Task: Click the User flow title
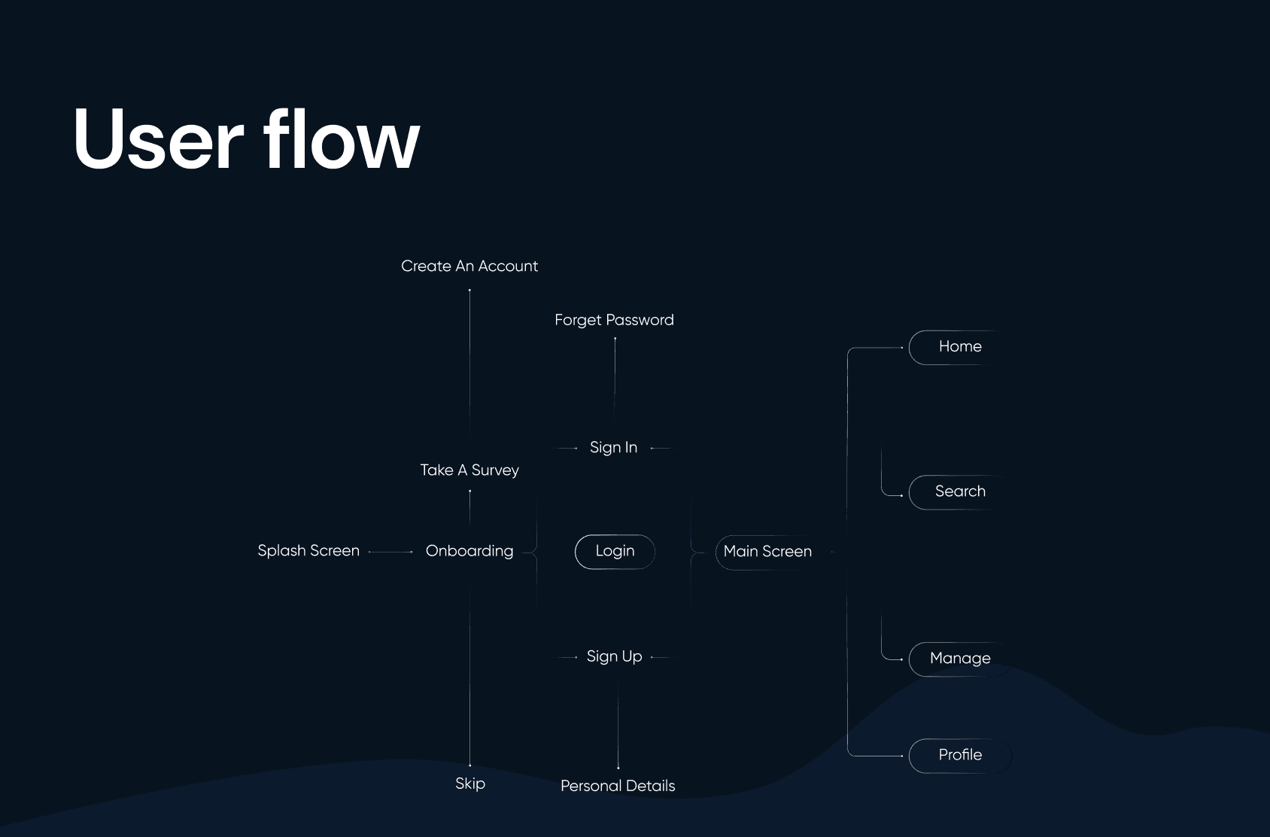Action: click(x=246, y=140)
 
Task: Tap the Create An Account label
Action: click(x=469, y=266)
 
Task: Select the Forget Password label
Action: click(x=614, y=320)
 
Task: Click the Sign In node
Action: click(x=613, y=447)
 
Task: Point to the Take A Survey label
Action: click(x=469, y=470)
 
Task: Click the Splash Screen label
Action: click(x=308, y=550)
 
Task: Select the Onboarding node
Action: click(x=469, y=550)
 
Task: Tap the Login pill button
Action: click(x=615, y=551)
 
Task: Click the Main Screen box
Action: click(x=767, y=551)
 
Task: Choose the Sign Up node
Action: click(x=614, y=656)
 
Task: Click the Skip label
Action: click(x=470, y=784)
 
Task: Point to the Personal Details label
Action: click(x=618, y=786)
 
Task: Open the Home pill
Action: click(x=959, y=347)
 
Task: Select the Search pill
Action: click(x=959, y=492)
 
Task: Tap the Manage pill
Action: click(x=959, y=659)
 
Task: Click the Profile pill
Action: click(x=959, y=755)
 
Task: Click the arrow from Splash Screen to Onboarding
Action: click(x=391, y=552)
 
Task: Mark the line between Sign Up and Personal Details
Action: click(x=618, y=723)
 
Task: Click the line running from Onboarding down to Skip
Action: click(x=470, y=677)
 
